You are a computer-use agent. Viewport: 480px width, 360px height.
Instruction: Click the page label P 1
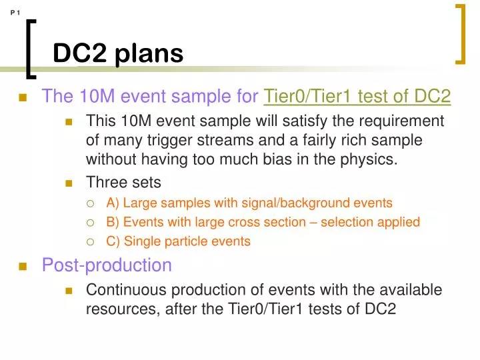click(16, 12)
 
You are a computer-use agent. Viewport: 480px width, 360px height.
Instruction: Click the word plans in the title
click(148, 53)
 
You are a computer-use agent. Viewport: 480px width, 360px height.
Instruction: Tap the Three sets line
click(123, 182)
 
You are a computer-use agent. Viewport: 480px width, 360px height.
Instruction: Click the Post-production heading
click(107, 265)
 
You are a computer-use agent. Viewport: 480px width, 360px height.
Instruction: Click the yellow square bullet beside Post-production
click(22, 267)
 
